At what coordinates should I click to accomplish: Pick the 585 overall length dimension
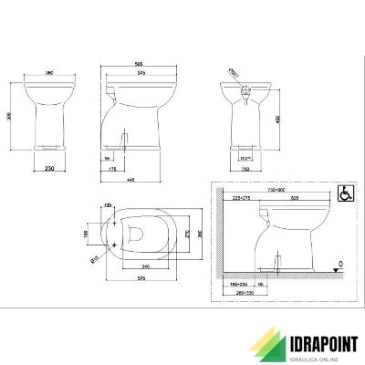click(137, 64)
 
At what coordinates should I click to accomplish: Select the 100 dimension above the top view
click(108, 205)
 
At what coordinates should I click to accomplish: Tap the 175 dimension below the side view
click(110, 168)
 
